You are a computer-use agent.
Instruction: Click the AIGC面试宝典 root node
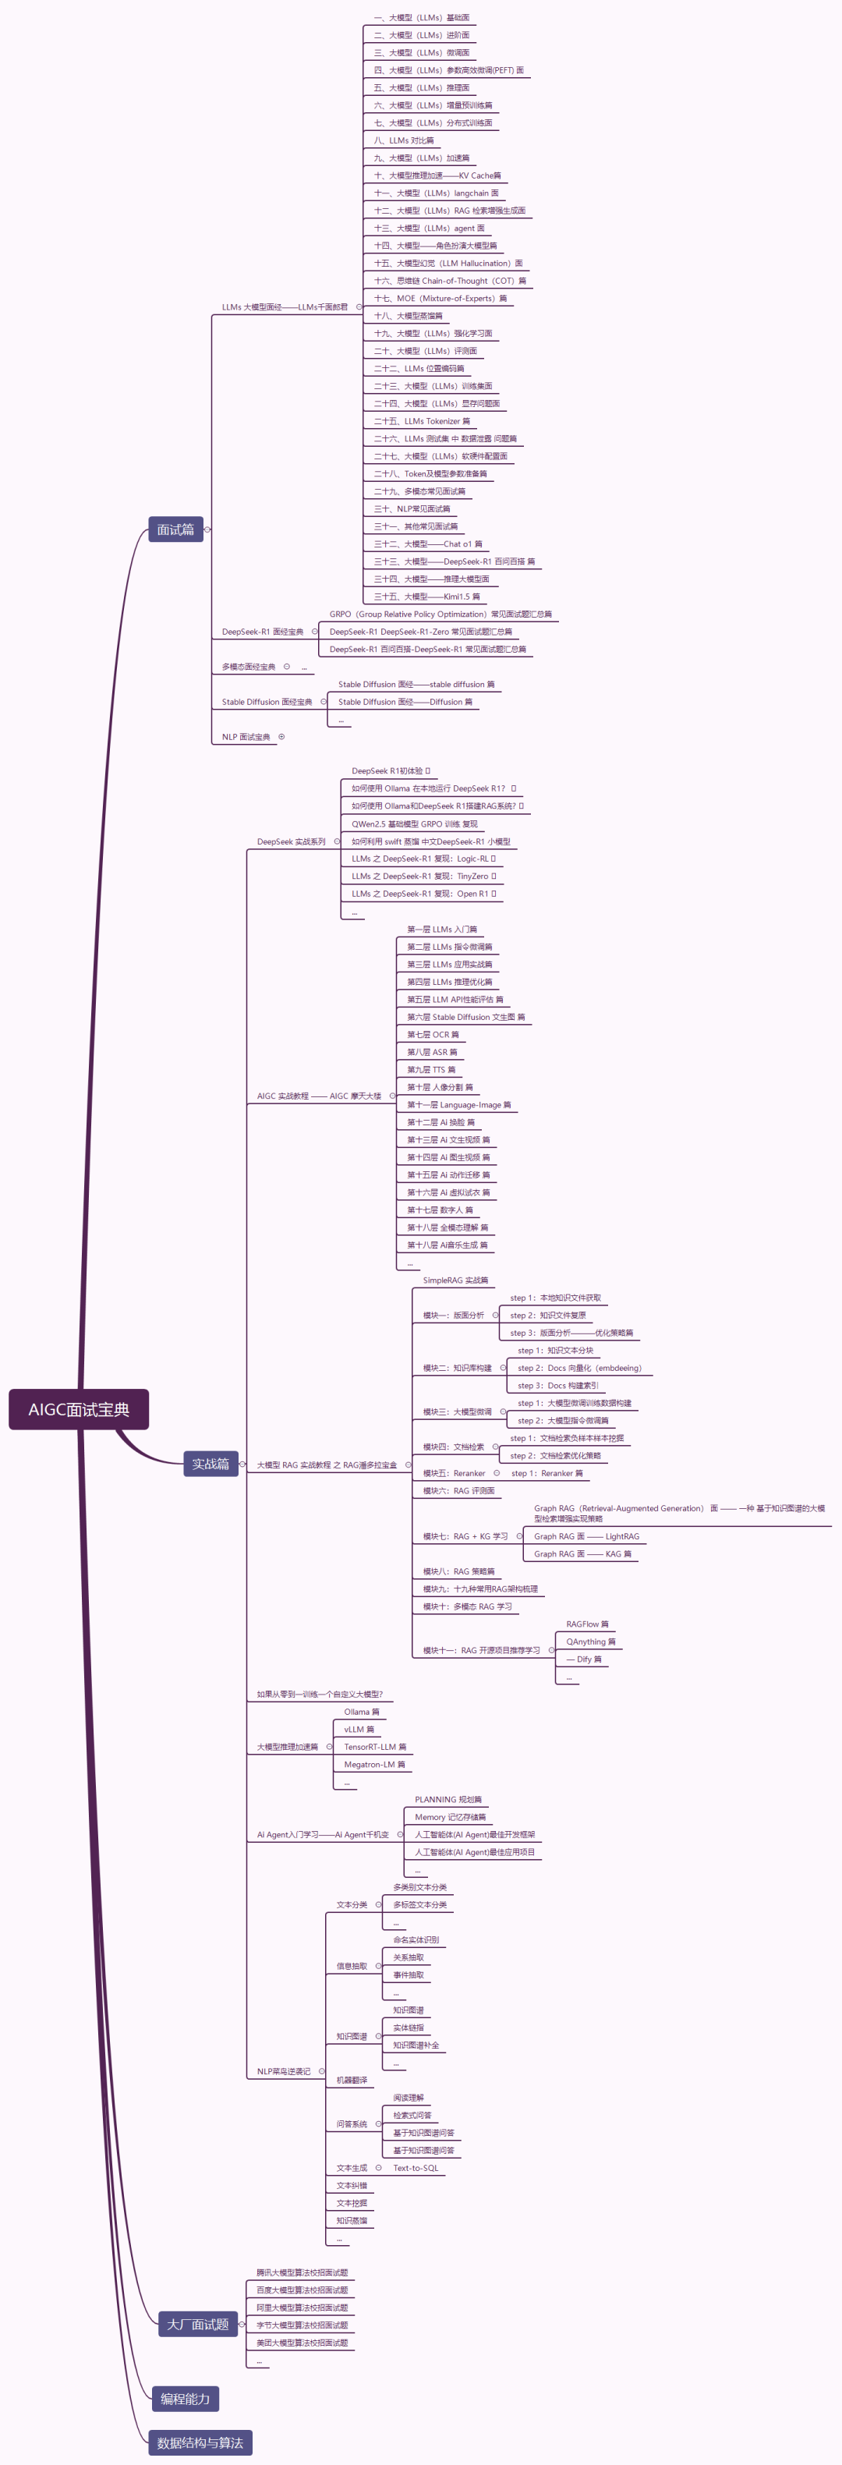point(79,1408)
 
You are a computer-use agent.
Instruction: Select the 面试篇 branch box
point(175,529)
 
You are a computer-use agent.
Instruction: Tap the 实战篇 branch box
point(210,1463)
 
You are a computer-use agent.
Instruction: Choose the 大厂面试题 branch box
point(198,2323)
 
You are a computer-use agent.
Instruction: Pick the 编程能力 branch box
point(185,2398)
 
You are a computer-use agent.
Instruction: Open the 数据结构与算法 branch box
point(200,2442)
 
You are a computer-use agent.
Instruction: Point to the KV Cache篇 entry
point(437,176)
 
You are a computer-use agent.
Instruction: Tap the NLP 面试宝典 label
point(246,737)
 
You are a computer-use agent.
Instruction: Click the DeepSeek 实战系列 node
point(291,842)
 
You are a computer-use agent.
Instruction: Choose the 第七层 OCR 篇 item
point(433,1034)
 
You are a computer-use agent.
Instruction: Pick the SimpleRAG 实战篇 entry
point(455,1280)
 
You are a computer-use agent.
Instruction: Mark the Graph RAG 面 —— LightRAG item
point(586,1537)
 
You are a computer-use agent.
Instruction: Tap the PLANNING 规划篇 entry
point(448,1800)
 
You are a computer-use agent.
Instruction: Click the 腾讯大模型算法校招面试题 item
point(302,2272)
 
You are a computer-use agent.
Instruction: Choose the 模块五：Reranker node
point(455,1474)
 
